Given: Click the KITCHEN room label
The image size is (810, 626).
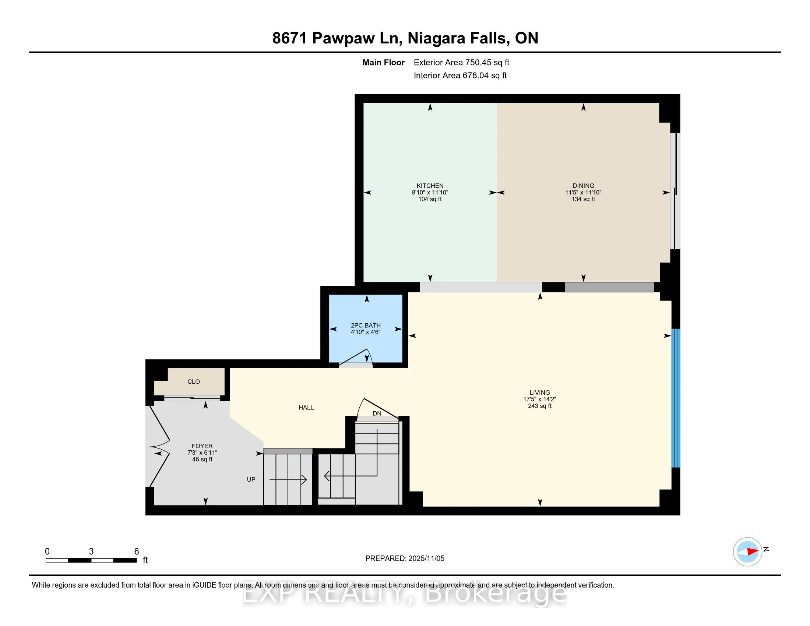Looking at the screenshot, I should (x=430, y=186).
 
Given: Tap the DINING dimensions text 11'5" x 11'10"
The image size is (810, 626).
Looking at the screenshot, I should (x=583, y=193).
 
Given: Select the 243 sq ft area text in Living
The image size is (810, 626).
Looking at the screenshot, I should (x=540, y=406).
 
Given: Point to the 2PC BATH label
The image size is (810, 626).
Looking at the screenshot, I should (x=366, y=325).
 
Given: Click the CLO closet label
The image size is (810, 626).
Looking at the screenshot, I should (x=194, y=381).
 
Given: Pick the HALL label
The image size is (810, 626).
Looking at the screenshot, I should (x=306, y=408).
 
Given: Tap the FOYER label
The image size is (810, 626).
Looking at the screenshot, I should (x=202, y=446).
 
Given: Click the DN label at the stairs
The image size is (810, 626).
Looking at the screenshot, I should (x=377, y=414).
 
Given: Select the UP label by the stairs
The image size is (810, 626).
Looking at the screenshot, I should (x=251, y=479).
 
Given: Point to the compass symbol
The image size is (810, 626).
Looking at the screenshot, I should (x=747, y=552).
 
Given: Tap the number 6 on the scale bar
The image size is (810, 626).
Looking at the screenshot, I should (x=137, y=552).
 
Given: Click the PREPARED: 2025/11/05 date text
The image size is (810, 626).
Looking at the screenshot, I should (x=405, y=559).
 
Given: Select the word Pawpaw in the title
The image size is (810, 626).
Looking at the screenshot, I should (x=343, y=38).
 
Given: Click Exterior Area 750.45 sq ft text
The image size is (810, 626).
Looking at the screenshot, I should (x=461, y=63).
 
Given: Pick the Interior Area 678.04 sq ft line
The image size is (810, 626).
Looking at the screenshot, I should (x=460, y=75).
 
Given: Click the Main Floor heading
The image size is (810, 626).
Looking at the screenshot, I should (x=383, y=63).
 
